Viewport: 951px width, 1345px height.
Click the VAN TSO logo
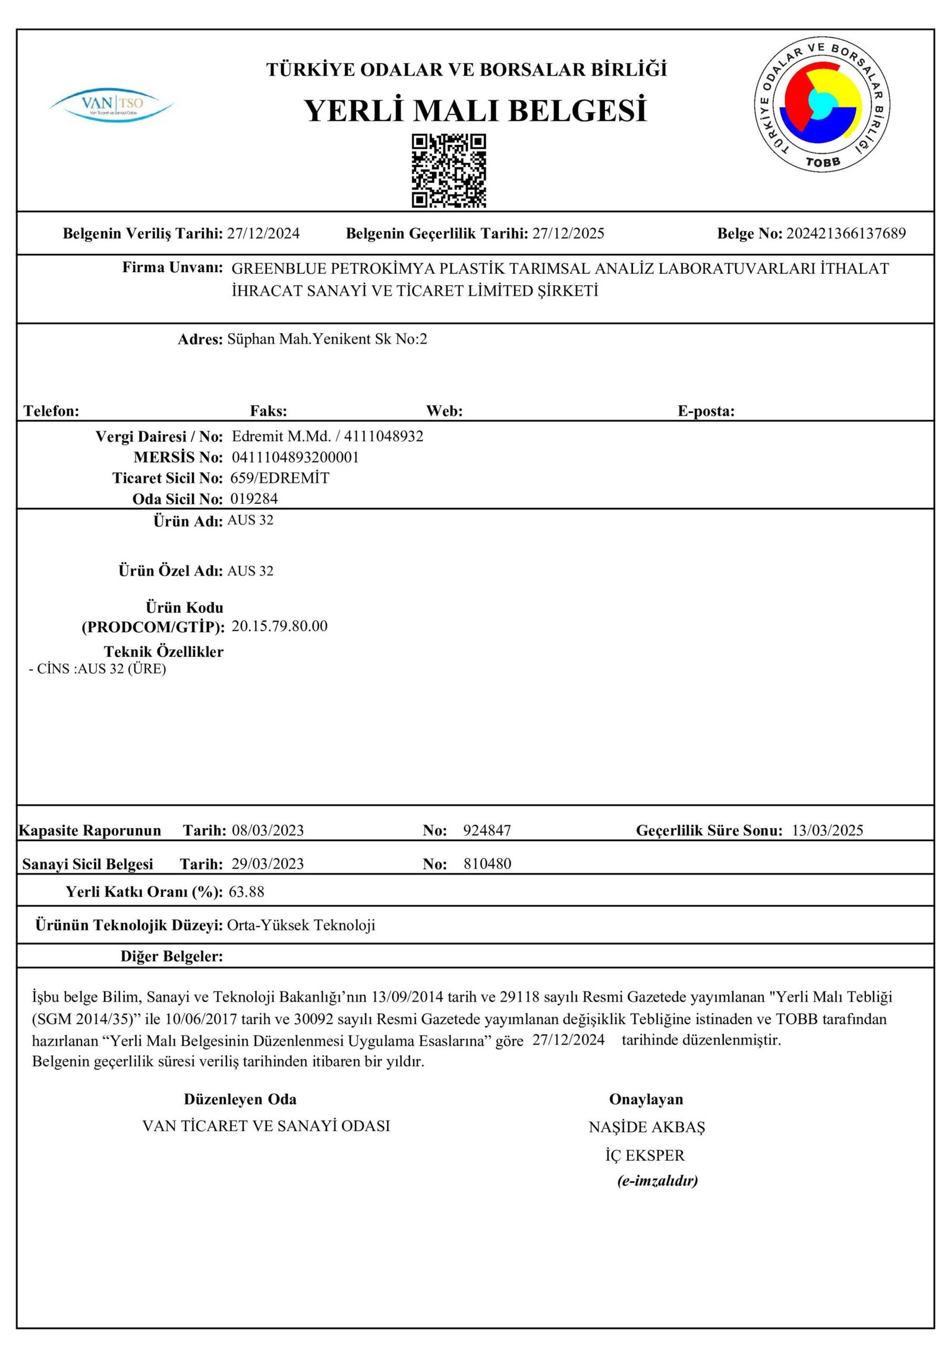click(x=112, y=105)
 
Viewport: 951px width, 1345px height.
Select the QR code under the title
click(x=449, y=171)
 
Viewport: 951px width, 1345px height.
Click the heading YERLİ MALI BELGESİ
click(x=475, y=111)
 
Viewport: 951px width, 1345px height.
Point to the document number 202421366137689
click(x=846, y=233)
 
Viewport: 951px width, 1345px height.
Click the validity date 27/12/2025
click(x=568, y=233)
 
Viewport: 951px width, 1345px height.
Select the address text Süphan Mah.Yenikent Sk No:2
click(x=327, y=339)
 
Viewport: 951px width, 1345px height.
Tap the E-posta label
click(x=706, y=411)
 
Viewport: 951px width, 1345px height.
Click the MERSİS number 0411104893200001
click(x=295, y=457)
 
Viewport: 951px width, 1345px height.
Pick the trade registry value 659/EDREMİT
click(x=279, y=478)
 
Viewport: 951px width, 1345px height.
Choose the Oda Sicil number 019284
click(x=254, y=498)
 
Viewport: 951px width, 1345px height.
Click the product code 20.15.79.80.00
click(x=279, y=626)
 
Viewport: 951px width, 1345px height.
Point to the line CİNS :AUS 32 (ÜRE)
click(x=98, y=669)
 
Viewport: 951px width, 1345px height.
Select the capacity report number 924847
click(x=487, y=831)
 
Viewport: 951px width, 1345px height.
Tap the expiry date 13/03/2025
click(x=827, y=831)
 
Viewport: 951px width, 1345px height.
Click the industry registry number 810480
click(x=487, y=864)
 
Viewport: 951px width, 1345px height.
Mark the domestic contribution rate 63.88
click(x=246, y=892)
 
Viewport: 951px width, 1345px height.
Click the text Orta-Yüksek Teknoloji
click(x=301, y=925)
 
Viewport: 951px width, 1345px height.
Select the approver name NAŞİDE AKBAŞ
click(x=646, y=1127)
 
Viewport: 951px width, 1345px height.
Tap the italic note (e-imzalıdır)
click(x=657, y=1180)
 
